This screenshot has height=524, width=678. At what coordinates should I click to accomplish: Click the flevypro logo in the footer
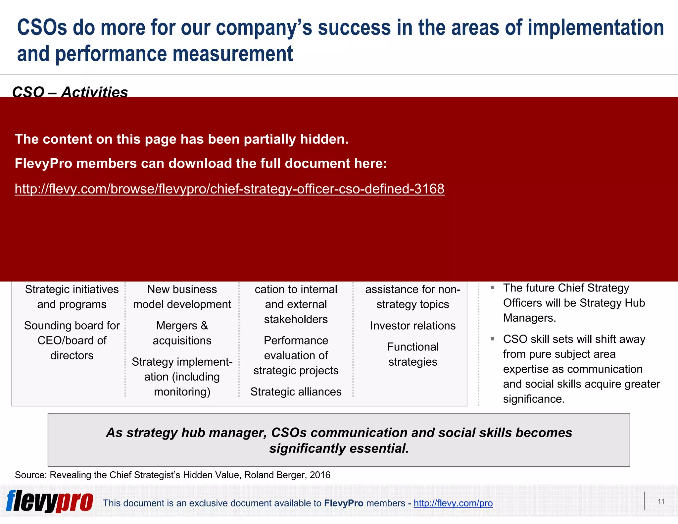[50, 501]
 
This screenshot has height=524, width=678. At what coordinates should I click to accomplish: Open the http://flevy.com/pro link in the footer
[453, 503]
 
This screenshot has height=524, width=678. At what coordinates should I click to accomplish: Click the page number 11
[661, 502]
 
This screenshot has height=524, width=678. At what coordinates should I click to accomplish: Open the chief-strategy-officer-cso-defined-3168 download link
[229, 189]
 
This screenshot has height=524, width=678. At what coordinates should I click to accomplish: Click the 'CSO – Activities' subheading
[70, 91]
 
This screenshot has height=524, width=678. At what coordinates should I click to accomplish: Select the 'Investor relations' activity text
[412, 326]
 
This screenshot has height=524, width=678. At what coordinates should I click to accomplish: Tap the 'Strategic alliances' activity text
[296, 392]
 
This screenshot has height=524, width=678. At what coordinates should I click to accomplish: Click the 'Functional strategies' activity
[412, 354]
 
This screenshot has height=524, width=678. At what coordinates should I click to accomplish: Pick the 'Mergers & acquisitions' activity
[182, 333]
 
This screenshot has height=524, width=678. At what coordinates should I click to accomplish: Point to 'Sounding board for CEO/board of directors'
[72, 340]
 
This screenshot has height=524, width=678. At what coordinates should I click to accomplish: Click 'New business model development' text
[182, 296]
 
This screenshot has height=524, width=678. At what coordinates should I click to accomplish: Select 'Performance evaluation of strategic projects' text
[296, 355]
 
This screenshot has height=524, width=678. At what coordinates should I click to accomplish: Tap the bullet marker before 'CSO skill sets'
[493, 339]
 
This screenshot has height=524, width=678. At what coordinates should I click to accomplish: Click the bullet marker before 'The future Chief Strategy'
[493, 288]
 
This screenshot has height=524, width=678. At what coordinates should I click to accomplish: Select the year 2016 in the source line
[320, 475]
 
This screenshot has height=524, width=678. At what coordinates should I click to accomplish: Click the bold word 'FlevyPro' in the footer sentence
[344, 503]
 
